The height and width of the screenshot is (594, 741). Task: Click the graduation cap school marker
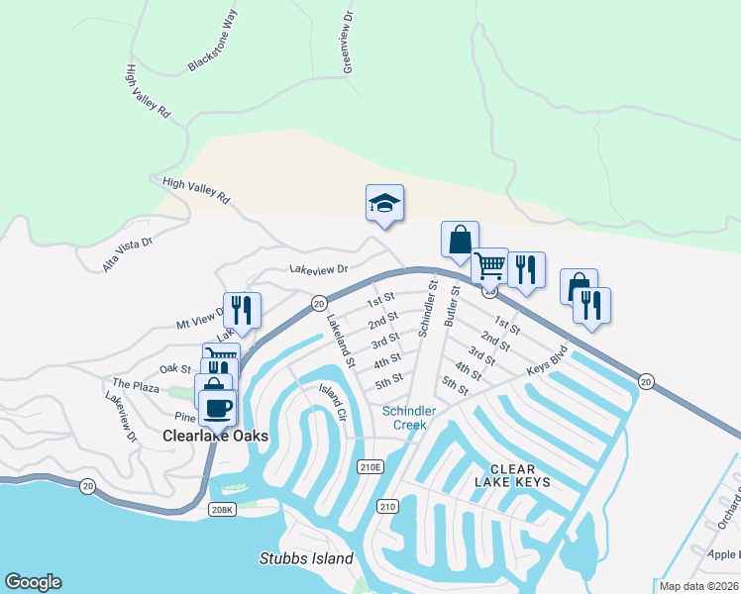coord(384,204)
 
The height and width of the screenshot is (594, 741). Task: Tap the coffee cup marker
coord(218,406)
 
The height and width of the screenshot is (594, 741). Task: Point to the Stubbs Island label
coord(306,558)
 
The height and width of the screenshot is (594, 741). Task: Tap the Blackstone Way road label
coord(214,53)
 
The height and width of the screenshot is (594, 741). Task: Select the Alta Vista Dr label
coord(128,254)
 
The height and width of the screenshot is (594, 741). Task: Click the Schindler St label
coord(426,308)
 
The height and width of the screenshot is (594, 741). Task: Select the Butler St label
coord(452,307)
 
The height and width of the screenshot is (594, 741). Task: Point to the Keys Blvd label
coord(547,361)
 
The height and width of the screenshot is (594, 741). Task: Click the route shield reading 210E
coord(370,466)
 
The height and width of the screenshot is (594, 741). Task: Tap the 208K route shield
coord(222,509)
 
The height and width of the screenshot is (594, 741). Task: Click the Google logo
coord(33,582)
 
